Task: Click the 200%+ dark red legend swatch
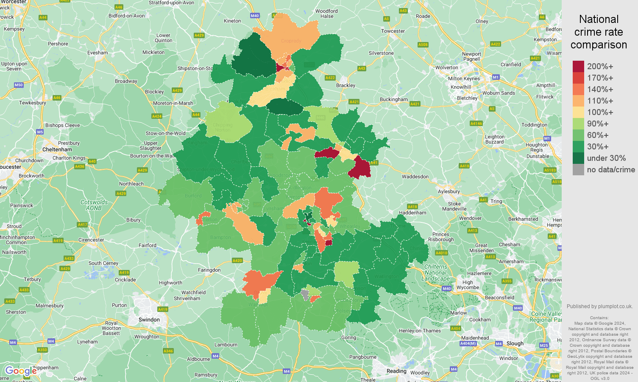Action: click(x=578, y=67)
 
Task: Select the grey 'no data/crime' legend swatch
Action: click(x=578, y=170)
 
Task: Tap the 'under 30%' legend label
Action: click(x=606, y=158)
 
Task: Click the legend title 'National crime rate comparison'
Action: click(x=599, y=32)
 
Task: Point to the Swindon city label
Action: click(x=149, y=320)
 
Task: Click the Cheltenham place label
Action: click(x=57, y=149)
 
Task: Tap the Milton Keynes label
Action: click(x=464, y=79)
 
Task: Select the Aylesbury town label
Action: click(x=449, y=191)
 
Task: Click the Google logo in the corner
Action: click(x=20, y=371)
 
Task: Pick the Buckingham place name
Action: click(x=393, y=99)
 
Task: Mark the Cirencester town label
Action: click(x=91, y=240)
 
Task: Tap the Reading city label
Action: click(x=396, y=371)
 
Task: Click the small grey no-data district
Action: click(x=304, y=295)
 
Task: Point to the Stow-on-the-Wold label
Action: click(x=165, y=133)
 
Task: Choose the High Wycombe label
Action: click(x=468, y=285)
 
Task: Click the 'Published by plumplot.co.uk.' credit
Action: click(x=599, y=306)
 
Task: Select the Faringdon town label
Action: click(x=209, y=270)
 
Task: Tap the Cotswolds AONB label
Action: click(x=94, y=205)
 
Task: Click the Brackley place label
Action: click(x=345, y=85)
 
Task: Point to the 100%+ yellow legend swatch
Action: click(x=578, y=112)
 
